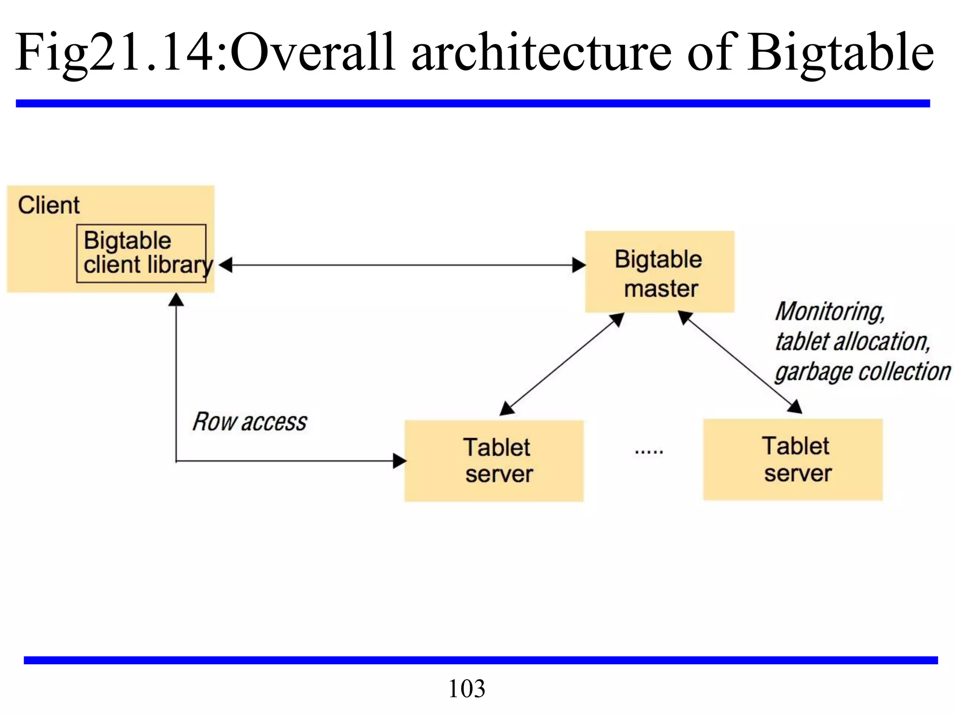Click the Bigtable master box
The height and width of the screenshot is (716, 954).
point(660,272)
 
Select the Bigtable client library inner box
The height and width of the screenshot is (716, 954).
point(141,254)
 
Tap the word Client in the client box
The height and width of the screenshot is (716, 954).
point(49,205)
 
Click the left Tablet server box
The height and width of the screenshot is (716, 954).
point(494,461)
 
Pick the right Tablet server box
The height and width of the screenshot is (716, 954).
point(793,460)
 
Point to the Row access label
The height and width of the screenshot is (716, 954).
point(250,422)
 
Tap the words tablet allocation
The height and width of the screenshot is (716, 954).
point(852,342)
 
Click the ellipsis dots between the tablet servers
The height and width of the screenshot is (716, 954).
point(649,451)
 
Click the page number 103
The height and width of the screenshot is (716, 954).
point(466,688)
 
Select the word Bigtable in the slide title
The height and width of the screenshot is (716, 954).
point(841,52)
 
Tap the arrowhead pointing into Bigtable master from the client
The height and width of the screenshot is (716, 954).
point(579,265)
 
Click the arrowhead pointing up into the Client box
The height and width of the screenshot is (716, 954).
point(176,300)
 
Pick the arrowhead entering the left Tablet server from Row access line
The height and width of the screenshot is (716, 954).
point(399,461)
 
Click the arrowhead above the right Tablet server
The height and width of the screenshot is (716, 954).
point(795,406)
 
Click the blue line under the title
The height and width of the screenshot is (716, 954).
point(473,103)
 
